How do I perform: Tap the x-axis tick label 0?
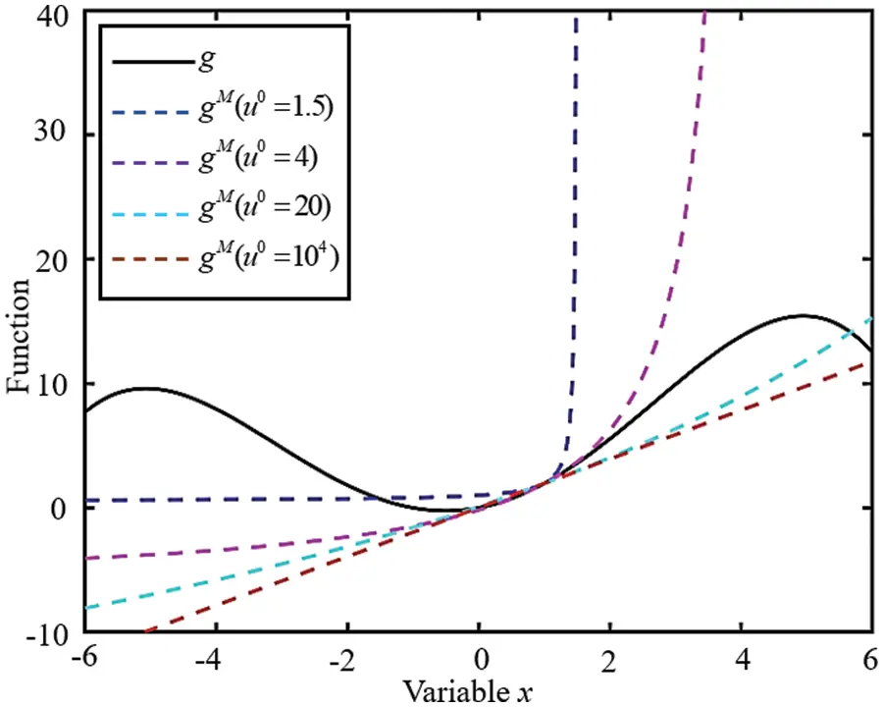pyautogui.click(x=479, y=659)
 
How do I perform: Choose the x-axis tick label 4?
pyautogui.click(x=742, y=659)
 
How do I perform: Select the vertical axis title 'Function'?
pyautogui.click(x=21, y=325)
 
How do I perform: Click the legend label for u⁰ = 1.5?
pyautogui.click(x=277, y=108)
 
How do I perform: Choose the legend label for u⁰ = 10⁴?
pyautogui.click(x=276, y=261)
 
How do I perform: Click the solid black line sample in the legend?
pyautogui.click(x=152, y=63)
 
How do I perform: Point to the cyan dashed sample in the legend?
pyautogui.click(x=152, y=212)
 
